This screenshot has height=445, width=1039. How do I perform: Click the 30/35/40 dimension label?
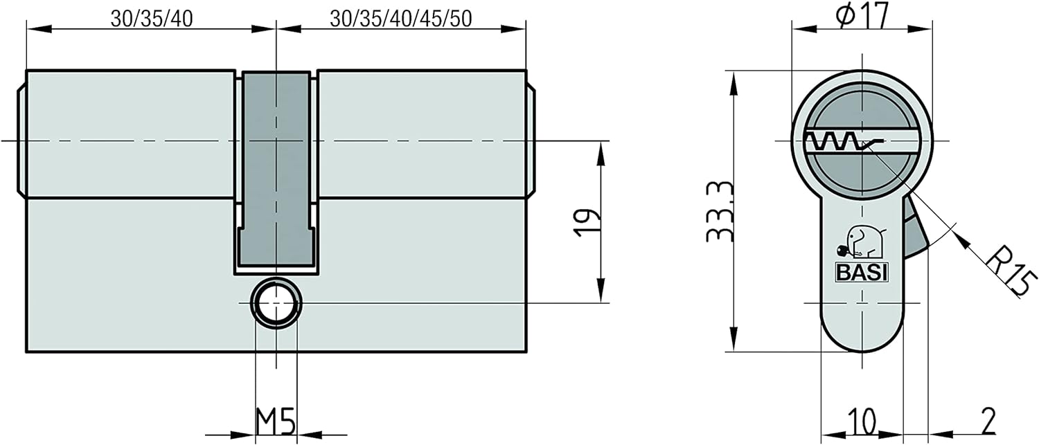152,19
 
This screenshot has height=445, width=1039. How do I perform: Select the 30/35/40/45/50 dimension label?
401,19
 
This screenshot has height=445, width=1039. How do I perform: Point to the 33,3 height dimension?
720,212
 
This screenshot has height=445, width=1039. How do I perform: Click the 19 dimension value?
587,223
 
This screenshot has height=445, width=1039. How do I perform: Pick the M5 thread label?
276,421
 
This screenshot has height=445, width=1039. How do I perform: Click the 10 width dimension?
862,421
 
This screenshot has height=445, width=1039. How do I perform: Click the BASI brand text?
862,273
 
